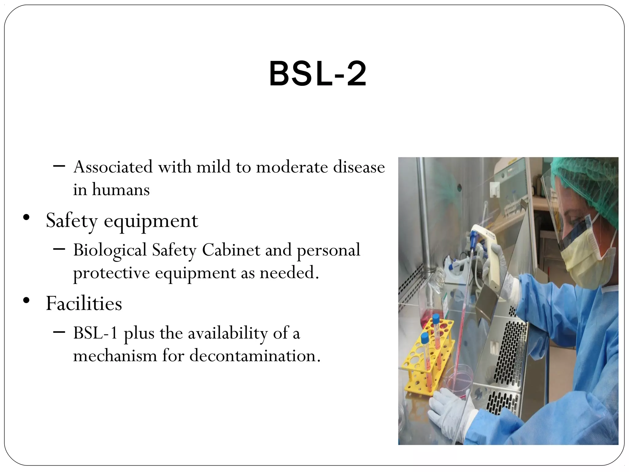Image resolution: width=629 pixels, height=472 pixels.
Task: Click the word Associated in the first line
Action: coord(113,167)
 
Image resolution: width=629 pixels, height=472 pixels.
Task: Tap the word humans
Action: coord(121,190)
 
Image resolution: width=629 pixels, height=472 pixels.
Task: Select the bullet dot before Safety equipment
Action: coord(26,218)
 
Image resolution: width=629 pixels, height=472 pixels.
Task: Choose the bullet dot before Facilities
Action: coord(26,300)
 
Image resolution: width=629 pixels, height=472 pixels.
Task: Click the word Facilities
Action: coord(84,304)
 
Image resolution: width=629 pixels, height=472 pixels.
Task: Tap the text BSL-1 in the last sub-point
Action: coord(96,333)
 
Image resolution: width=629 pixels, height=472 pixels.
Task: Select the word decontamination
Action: coord(255,356)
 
